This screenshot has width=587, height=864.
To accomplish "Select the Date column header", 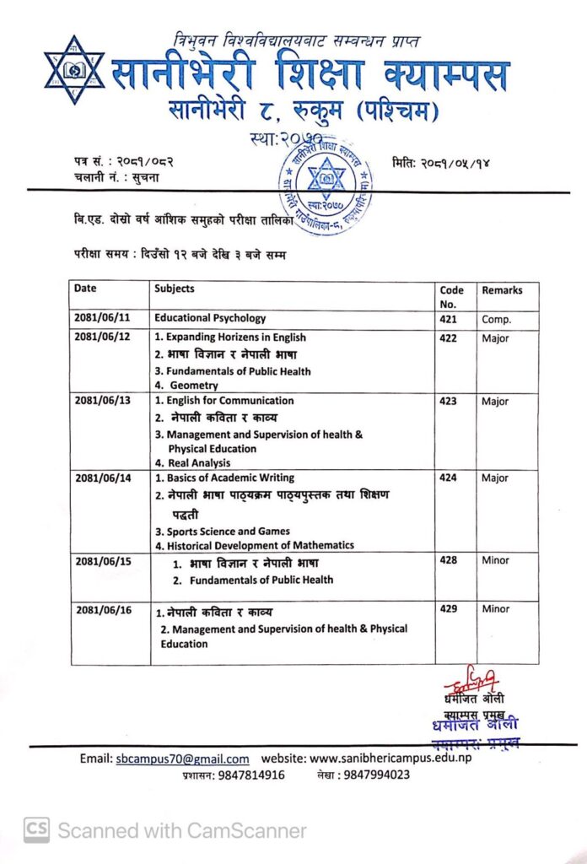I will click(x=85, y=289).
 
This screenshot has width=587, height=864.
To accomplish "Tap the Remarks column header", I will click(x=502, y=290).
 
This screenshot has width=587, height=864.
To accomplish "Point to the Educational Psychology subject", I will click(x=210, y=319).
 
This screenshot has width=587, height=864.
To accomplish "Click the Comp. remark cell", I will click(x=497, y=320).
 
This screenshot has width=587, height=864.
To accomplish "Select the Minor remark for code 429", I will click(x=496, y=609).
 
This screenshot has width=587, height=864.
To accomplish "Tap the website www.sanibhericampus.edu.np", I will click(x=391, y=759).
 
